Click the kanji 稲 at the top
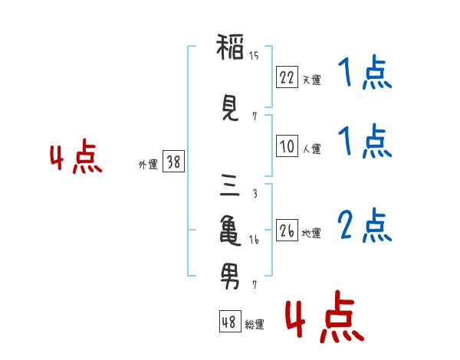point(230,47)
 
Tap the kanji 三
point(230,185)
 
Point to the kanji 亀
point(230,231)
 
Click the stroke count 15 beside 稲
point(254,56)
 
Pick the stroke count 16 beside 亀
point(254,240)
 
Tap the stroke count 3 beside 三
point(255,194)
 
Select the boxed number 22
point(287,77)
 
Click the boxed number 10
point(287,146)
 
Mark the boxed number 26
point(287,231)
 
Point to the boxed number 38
point(174,162)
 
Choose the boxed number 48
point(230,322)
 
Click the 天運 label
point(311,80)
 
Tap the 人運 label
point(311,149)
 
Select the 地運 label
point(311,234)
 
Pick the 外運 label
point(148,165)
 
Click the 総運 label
point(255,325)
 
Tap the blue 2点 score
point(365,225)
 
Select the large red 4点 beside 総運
point(324,316)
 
